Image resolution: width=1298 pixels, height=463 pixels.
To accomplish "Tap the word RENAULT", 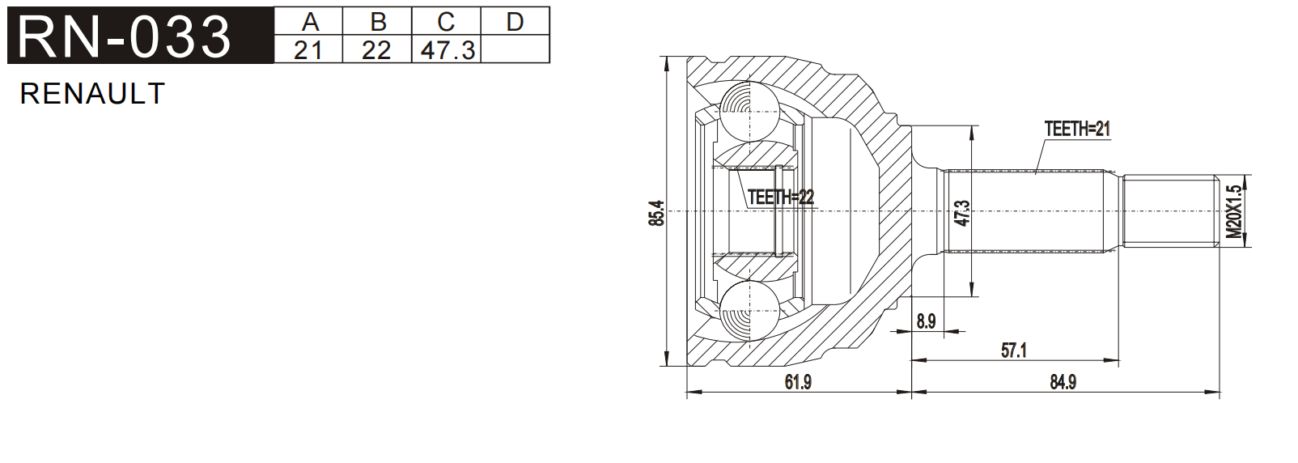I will point(92,94).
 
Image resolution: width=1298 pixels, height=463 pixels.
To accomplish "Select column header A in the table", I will point(309,21).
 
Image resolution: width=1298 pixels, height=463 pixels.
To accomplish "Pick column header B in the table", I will point(377,21).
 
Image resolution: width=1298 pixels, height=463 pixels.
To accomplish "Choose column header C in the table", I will point(446,21).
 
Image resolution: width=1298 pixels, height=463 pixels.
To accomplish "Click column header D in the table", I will point(515,21).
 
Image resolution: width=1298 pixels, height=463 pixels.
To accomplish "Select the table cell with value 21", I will point(309,50).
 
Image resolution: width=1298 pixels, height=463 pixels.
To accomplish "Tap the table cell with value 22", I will point(377,50).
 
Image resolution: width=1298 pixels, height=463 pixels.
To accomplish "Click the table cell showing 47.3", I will point(447,50).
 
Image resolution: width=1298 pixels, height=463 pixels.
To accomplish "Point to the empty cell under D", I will point(515,50).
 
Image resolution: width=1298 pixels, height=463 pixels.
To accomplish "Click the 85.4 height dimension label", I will point(657,212).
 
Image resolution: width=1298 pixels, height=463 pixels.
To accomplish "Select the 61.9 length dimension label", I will point(797,382).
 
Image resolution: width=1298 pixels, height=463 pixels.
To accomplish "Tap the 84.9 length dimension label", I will point(1063,382).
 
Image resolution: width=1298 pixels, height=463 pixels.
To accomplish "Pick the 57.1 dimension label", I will point(1013,350).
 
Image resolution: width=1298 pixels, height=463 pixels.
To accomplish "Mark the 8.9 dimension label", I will point(926,321).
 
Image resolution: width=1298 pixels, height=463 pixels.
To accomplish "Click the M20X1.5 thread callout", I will point(1233,211).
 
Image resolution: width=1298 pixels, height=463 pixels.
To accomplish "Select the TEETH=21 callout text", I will point(1077,129).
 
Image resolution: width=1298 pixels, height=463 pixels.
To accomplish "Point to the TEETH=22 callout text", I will point(780,197).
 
